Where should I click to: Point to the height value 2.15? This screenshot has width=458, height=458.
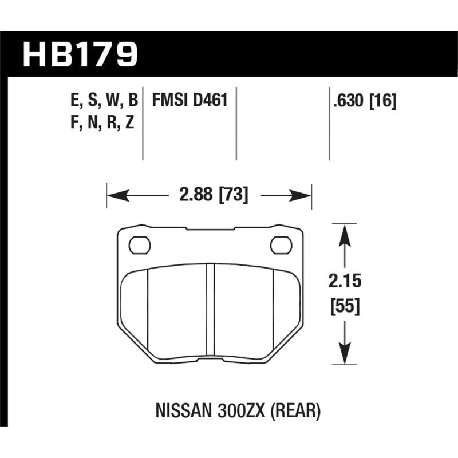(x=343, y=282)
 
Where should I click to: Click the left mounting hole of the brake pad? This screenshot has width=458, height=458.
(x=139, y=245)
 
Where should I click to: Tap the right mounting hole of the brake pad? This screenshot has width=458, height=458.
(x=281, y=245)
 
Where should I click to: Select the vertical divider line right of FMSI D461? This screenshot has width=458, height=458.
(x=236, y=123)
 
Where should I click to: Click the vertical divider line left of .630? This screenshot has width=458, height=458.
(x=329, y=123)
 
